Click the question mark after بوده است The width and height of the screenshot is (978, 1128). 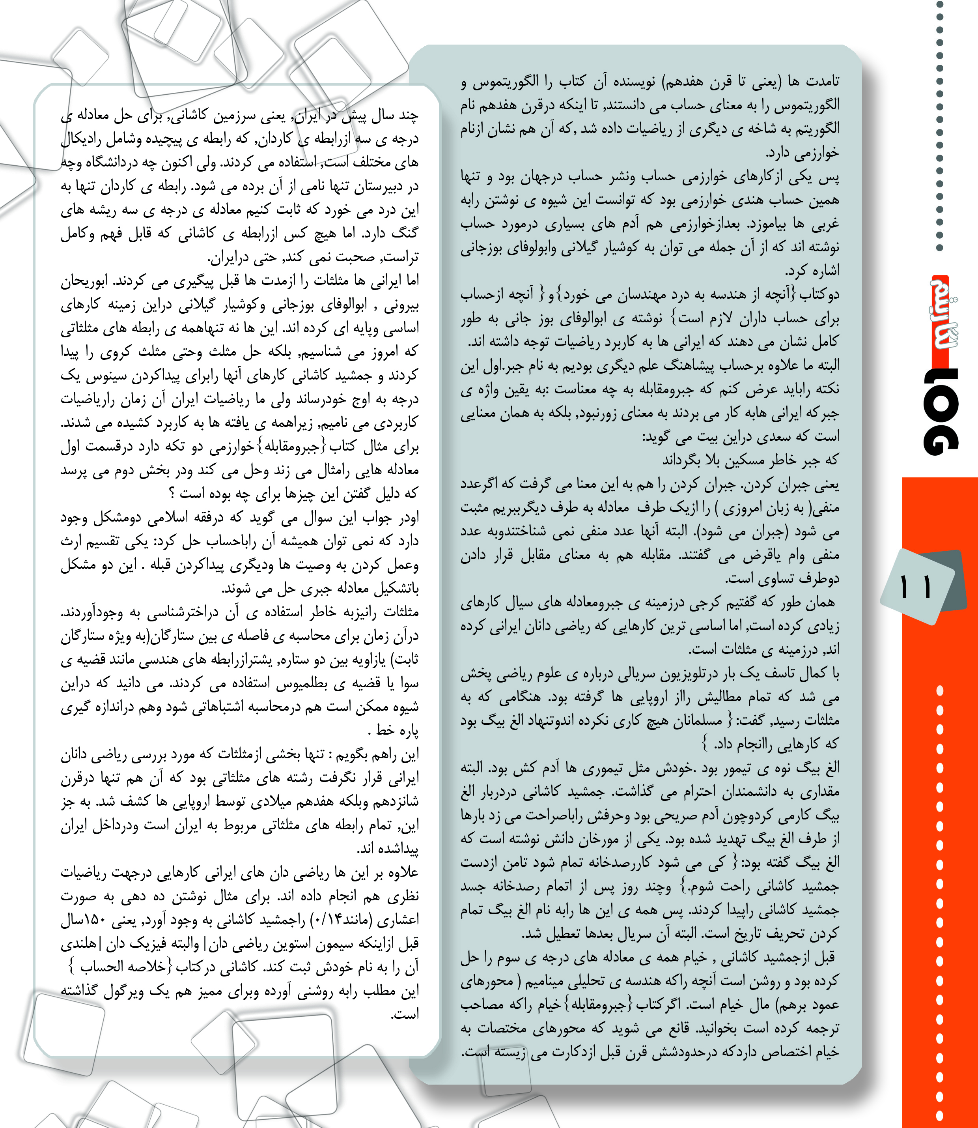coord(172,494)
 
